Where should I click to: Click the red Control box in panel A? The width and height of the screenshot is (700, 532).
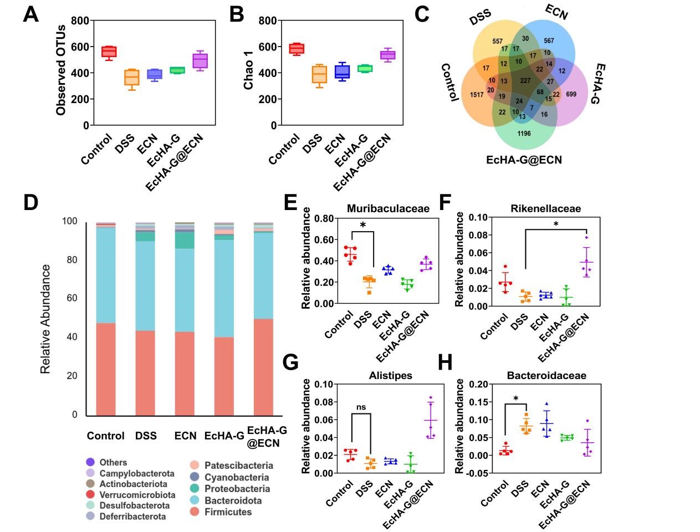click(109, 52)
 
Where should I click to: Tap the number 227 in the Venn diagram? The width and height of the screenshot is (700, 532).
click(525, 81)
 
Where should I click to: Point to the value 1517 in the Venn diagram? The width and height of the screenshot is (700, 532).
click(476, 95)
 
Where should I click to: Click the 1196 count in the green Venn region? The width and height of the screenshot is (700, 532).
click(524, 133)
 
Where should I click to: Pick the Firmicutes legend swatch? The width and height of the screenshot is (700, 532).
click(195, 512)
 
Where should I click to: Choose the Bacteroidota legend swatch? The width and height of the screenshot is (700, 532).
click(195, 500)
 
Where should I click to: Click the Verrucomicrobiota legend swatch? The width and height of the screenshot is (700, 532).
click(90, 495)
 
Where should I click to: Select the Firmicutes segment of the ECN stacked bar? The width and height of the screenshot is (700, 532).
click(185, 374)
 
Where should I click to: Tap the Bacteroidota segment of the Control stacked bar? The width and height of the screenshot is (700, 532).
click(106, 275)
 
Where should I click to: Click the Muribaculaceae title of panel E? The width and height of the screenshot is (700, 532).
click(388, 209)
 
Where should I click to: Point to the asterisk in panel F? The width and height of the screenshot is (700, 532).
click(555, 224)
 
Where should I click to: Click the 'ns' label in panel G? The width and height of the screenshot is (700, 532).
click(361, 407)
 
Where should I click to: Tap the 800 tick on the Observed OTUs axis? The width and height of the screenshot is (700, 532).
click(80, 21)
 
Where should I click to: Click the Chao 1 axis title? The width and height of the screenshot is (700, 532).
click(248, 73)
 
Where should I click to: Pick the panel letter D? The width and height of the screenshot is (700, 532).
click(31, 202)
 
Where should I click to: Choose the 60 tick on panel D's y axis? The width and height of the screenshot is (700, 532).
click(70, 298)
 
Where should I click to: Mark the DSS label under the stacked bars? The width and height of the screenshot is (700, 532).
click(146, 436)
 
